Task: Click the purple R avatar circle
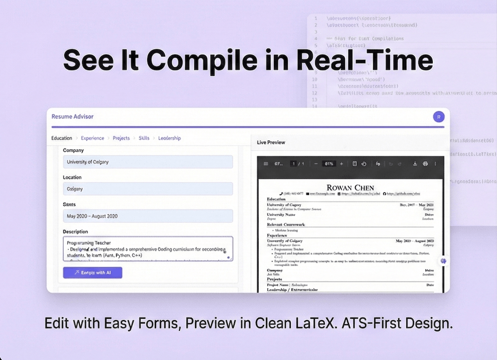click(438, 117)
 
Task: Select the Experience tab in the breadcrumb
click(93, 138)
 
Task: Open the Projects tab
click(121, 138)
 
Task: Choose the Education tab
click(62, 138)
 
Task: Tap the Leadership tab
click(169, 138)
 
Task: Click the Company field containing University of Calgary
click(148, 162)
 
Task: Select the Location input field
click(148, 189)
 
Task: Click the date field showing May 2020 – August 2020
click(148, 216)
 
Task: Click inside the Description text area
click(148, 249)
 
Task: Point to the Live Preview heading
click(271, 143)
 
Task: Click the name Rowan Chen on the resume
click(350, 188)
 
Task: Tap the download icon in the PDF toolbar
click(415, 164)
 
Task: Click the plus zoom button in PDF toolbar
click(342, 164)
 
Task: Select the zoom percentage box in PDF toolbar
click(329, 164)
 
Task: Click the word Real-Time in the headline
click(365, 61)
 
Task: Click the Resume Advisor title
click(72, 117)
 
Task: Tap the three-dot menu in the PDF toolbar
click(436, 164)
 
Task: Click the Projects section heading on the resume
click(275, 279)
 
